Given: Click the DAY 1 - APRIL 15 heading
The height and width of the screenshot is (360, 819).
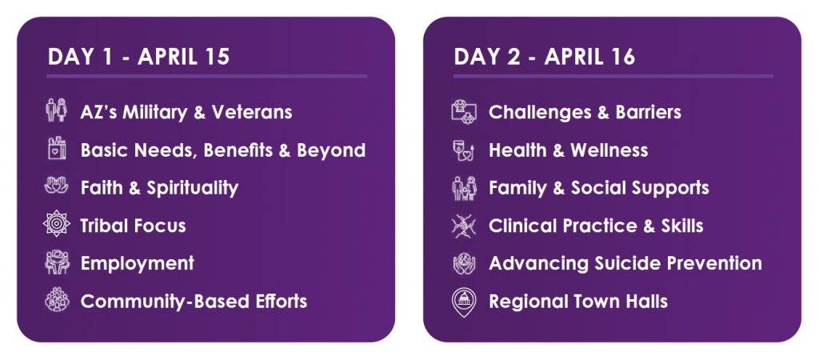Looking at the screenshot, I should pos(138,57).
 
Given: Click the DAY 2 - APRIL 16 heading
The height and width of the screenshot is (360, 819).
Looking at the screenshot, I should pos(544,57).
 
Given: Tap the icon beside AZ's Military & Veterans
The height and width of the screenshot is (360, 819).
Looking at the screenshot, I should pos(56,111).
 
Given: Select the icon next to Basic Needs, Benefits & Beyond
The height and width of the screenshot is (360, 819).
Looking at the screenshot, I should pos(56,150).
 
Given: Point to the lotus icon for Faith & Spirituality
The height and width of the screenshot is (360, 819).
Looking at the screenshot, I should pos(56,187).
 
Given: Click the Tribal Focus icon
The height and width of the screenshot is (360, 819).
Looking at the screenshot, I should pos(56,226).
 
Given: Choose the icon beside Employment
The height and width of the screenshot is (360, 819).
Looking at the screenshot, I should pos(56,263).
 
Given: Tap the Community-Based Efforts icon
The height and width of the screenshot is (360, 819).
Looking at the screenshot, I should pos(56,302).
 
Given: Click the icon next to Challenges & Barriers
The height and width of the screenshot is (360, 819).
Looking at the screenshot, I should pos(464,111).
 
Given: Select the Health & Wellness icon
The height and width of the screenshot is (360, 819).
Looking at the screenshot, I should pos(464,150).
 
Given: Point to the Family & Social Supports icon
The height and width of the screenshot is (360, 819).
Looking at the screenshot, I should pos(464,188).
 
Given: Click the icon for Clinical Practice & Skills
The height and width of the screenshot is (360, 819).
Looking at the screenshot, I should pos(464,226).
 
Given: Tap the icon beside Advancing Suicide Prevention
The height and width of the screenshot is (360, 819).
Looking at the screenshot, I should pos(464,263).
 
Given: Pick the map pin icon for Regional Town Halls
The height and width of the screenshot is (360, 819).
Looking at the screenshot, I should pos(464,302).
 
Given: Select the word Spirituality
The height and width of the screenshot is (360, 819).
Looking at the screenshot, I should pos(202,189).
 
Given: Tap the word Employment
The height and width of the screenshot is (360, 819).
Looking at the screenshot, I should pos(138,264).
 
